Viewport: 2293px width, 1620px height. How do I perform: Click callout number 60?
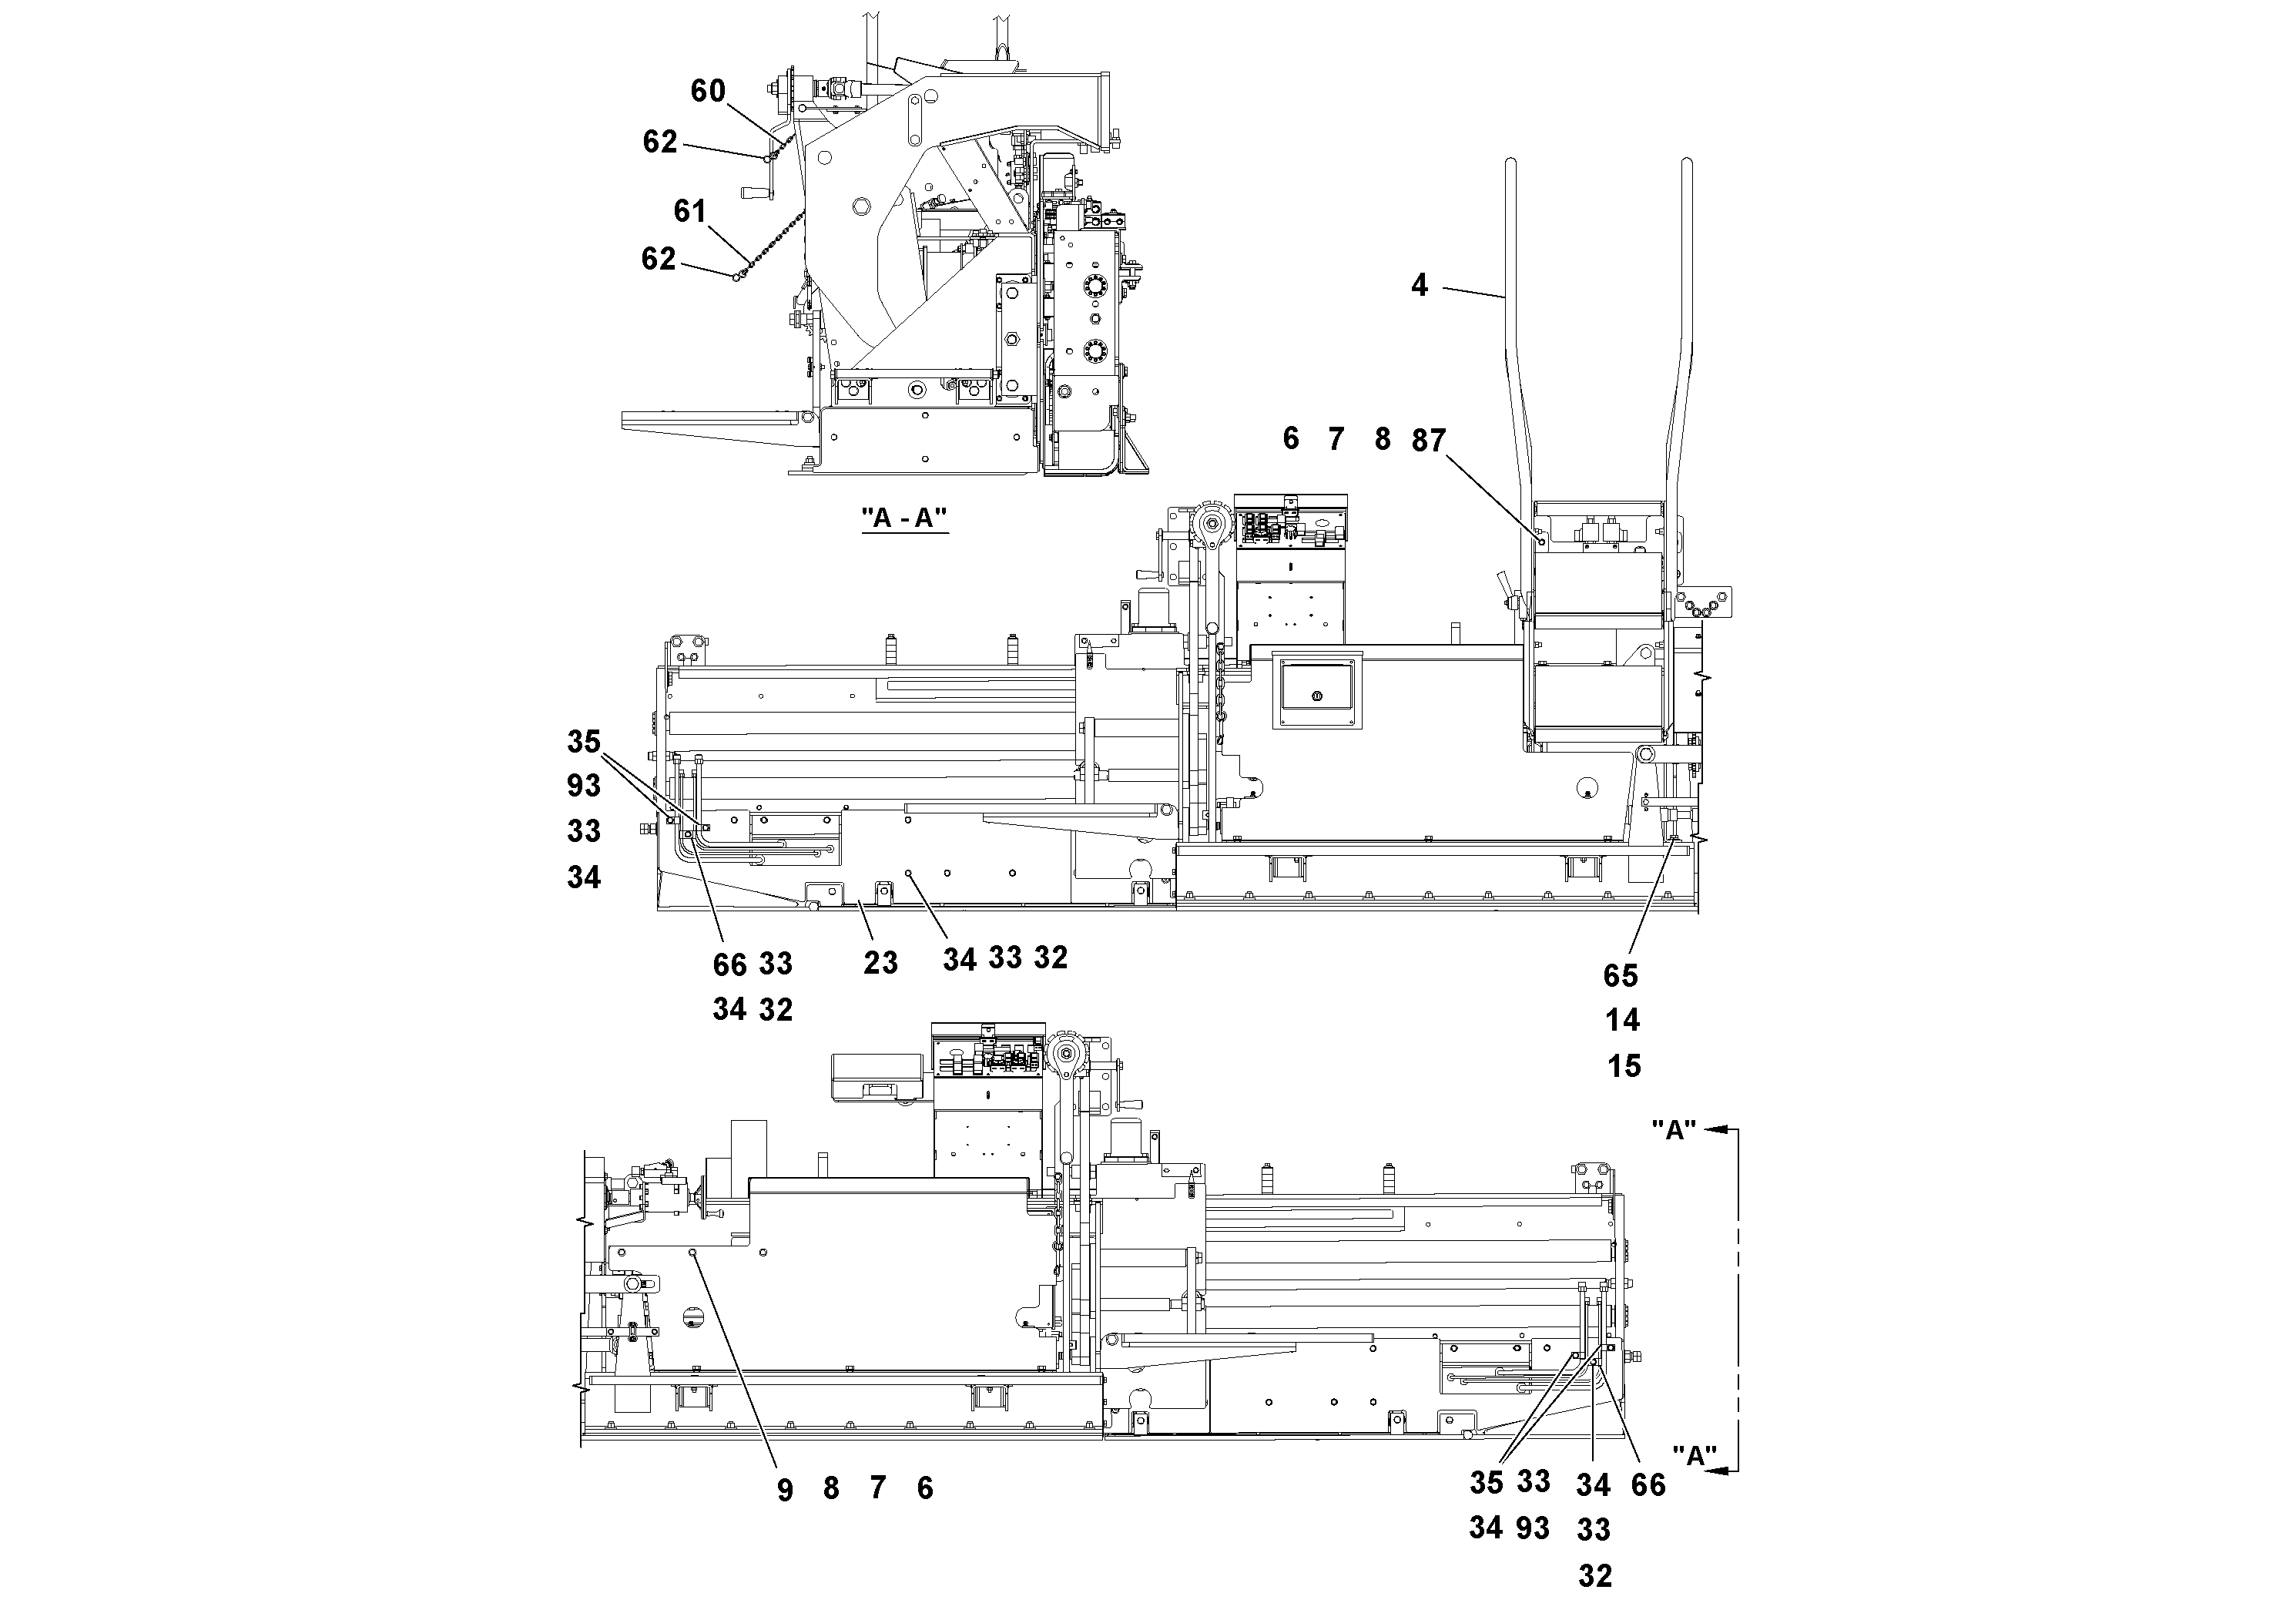tap(708, 91)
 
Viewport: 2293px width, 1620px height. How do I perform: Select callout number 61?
tap(690, 211)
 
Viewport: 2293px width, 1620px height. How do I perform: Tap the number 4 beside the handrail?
tap(1419, 286)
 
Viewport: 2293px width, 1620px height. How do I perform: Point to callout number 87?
tap(1429, 441)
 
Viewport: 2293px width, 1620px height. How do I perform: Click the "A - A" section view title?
tap(903, 518)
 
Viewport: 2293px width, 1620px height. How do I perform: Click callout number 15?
tap(1624, 1067)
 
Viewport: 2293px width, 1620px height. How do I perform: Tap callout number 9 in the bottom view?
tap(785, 1491)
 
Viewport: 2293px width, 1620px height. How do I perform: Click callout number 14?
tap(1623, 1021)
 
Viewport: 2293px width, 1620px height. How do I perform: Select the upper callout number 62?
tap(660, 142)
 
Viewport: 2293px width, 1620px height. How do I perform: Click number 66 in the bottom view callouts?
tap(1649, 1485)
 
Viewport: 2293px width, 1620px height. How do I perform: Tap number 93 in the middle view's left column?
tap(585, 786)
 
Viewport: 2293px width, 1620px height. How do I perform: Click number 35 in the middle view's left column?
tap(585, 741)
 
